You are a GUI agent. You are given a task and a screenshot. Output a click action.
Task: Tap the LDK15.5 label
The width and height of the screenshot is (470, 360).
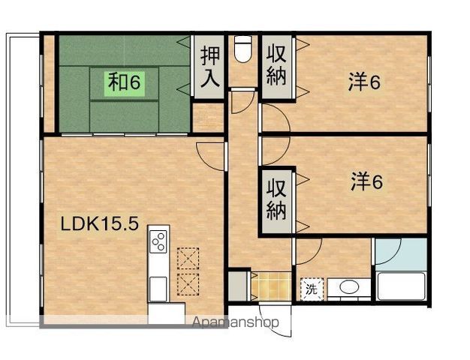pyautogui.click(x=100, y=223)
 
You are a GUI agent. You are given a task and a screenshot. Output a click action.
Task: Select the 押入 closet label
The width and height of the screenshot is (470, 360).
pyautogui.click(x=209, y=67)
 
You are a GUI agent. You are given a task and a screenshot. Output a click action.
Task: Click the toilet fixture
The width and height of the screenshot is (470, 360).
pyautogui.click(x=243, y=49)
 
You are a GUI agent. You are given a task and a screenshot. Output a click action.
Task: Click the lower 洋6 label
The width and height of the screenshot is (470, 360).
pyautogui.click(x=366, y=181)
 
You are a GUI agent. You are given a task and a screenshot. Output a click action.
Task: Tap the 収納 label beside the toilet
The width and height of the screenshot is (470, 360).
pyautogui.click(x=276, y=65)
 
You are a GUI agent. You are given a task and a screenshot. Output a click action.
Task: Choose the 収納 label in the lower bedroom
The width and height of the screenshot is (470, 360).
pyautogui.click(x=276, y=199)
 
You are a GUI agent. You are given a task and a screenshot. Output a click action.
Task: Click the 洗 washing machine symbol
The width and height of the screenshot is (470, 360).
pyautogui.click(x=312, y=289)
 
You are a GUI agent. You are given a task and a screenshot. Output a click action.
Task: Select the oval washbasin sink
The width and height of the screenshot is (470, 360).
pyautogui.click(x=349, y=287)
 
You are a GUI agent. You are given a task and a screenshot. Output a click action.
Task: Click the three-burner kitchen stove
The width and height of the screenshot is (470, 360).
pyautogui.click(x=158, y=241)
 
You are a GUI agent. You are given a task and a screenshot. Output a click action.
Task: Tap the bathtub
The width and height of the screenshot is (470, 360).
pyautogui.click(x=402, y=286)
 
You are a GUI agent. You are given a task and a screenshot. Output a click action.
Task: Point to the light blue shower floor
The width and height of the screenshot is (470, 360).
pyautogui.click(x=402, y=254)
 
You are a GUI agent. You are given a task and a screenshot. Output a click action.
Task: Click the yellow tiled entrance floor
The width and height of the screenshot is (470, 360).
pyautogui.click(x=271, y=286)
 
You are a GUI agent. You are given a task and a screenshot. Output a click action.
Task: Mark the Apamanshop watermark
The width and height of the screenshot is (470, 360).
pyautogui.click(x=235, y=322)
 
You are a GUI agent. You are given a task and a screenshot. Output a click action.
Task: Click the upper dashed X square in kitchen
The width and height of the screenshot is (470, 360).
pyautogui.click(x=188, y=258)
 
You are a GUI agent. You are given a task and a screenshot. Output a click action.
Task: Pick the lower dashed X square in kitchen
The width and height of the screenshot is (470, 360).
pyautogui.click(x=188, y=284)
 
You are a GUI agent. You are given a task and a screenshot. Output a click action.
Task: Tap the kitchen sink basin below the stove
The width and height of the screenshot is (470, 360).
pyautogui.click(x=158, y=289)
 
